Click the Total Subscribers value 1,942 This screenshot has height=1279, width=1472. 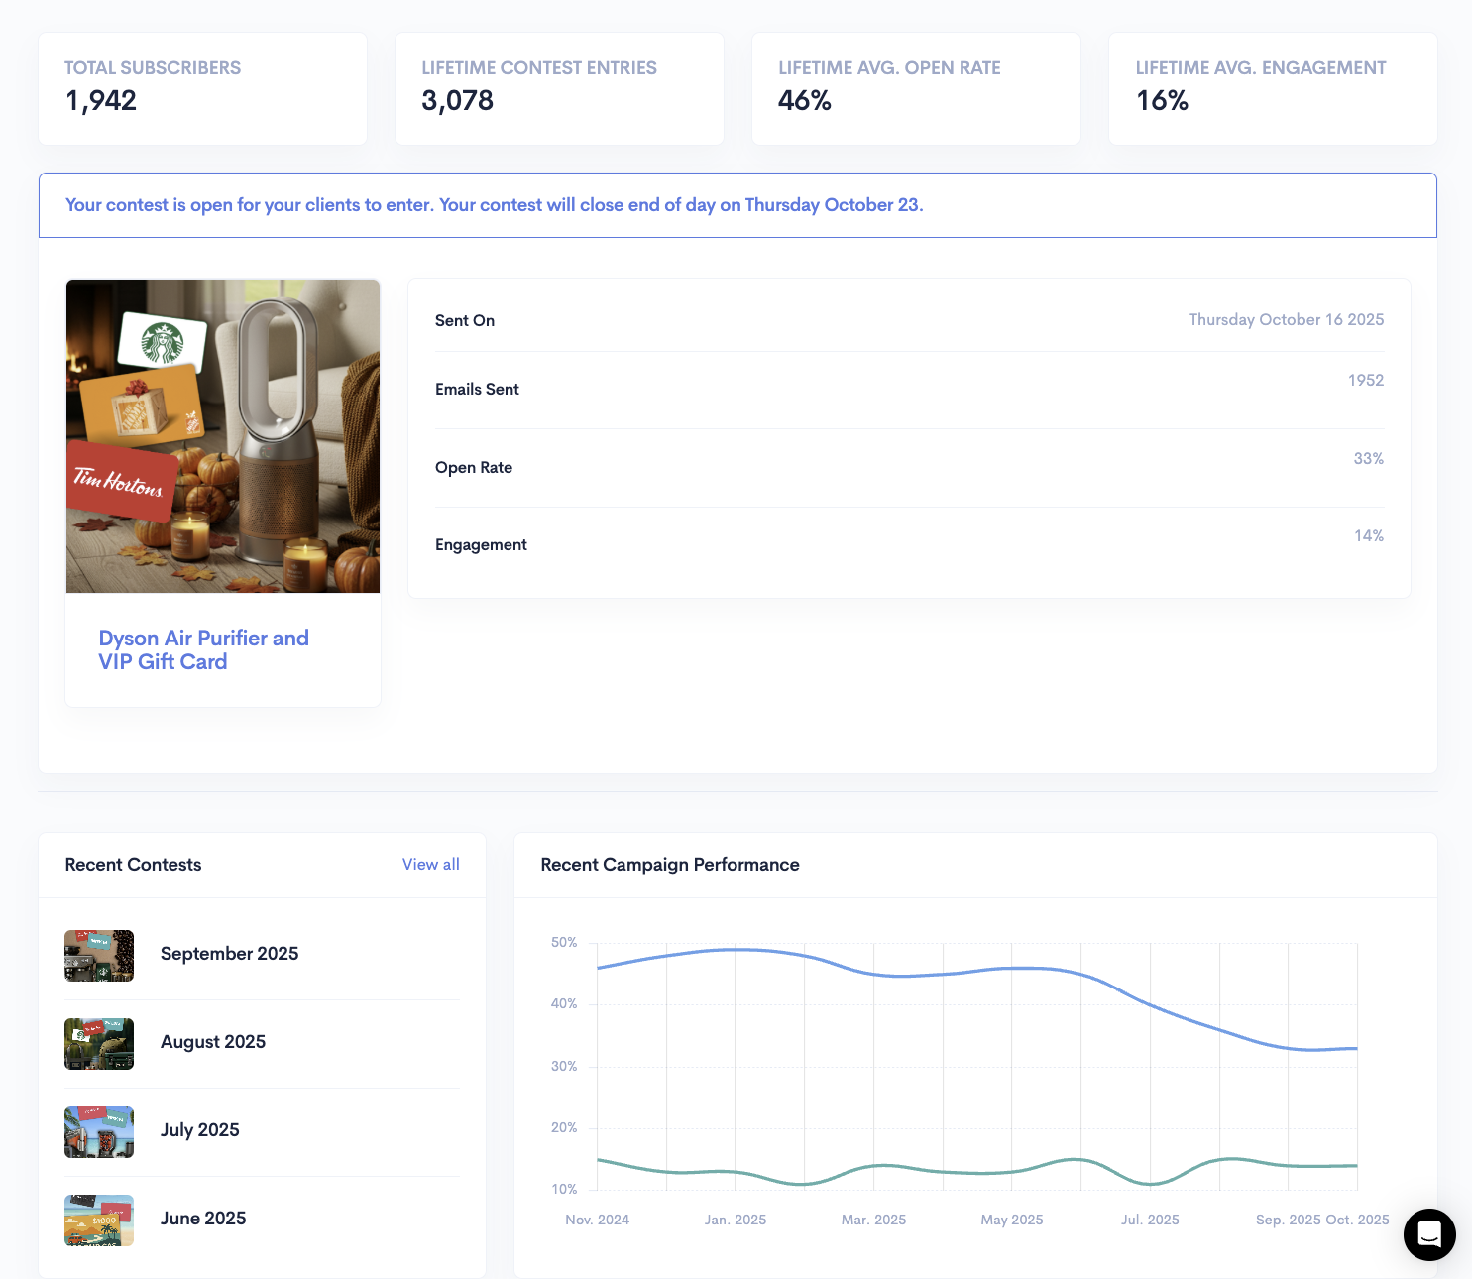pyautogui.click(x=101, y=101)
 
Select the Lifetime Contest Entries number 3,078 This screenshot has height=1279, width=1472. pyautogui.click(x=457, y=101)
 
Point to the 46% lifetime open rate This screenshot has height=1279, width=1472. pyautogui.click(x=805, y=101)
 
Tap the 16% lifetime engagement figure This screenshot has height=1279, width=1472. pyautogui.click(x=1162, y=101)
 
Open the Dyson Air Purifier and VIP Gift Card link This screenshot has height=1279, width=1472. pyautogui.click(x=203, y=649)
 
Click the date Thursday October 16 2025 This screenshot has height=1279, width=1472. pyautogui.click(x=1286, y=320)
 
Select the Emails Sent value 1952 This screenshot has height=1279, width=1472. pyautogui.click(x=1365, y=381)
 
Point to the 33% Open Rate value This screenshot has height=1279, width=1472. pyautogui.click(x=1368, y=459)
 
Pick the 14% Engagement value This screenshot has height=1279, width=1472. pyautogui.click(x=1368, y=536)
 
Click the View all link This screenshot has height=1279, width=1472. pyautogui.click(x=430, y=865)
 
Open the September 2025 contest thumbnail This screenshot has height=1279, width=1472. pyautogui.click(x=99, y=956)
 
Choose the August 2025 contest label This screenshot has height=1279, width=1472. pyautogui.click(x=213, y=1042)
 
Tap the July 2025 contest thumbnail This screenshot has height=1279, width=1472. pyautogui.click(x=99, y=1132)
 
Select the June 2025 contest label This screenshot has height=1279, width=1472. pyautogui.click(x=203, y=1219)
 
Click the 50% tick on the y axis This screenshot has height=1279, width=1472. pyautogui.click(x=564, y=943)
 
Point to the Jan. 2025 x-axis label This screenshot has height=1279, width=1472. pyautogui.click(x=736, y=1220)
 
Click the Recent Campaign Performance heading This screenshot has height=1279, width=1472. pyautogui.click(x=670, y=865)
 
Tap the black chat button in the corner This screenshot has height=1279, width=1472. pyautogui.click(x=1429, y=1234)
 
